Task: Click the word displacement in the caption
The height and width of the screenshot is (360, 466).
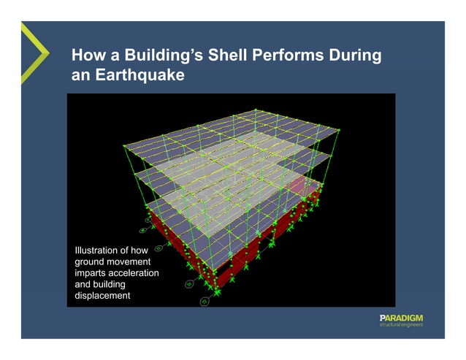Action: point(103,296)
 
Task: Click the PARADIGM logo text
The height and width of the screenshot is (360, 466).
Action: point(401,318)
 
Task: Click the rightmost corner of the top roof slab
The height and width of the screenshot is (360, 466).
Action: point(340,129)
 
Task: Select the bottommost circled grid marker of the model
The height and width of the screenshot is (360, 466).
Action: point(205,301)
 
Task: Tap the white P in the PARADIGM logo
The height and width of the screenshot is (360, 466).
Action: point(382,318)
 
